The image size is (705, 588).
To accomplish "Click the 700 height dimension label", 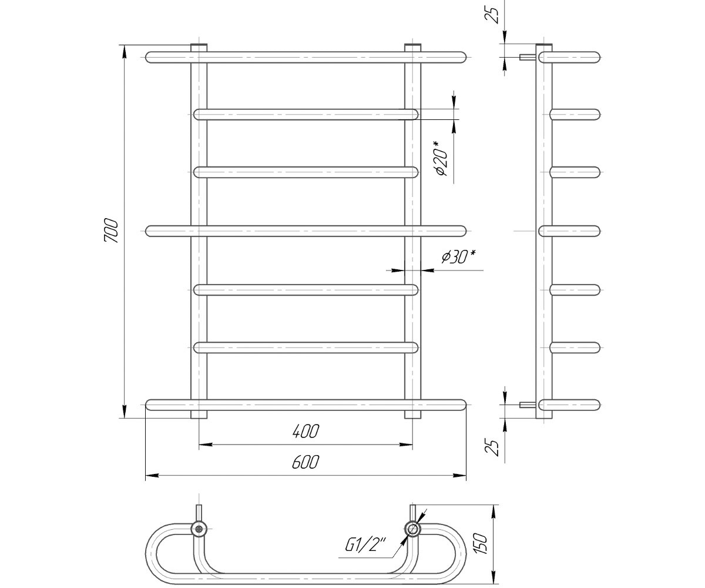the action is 111,231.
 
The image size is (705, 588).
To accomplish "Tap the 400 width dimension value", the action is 305,432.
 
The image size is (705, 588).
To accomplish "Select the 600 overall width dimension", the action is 305,462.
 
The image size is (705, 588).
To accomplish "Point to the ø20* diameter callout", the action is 442,159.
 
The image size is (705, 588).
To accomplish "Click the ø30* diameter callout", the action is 458,257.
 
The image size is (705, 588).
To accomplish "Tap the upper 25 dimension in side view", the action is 492,14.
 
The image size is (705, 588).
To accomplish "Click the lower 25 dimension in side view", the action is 492,447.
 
